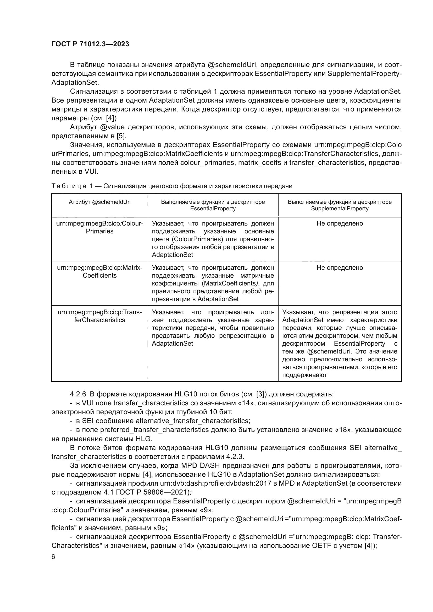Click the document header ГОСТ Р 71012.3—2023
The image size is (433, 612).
coord(90,44)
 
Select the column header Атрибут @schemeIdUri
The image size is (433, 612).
coord(100,202)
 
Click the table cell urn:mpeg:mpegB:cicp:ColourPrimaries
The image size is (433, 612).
coord(100,227)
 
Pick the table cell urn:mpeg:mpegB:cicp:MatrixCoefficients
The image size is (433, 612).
coord(100,271)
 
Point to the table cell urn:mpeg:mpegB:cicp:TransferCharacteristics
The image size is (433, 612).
coord(100,316)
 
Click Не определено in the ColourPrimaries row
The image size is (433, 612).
coord(340,223)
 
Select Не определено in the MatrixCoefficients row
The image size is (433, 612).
coord(340,268)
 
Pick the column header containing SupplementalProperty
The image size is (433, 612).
coord(340,205)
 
